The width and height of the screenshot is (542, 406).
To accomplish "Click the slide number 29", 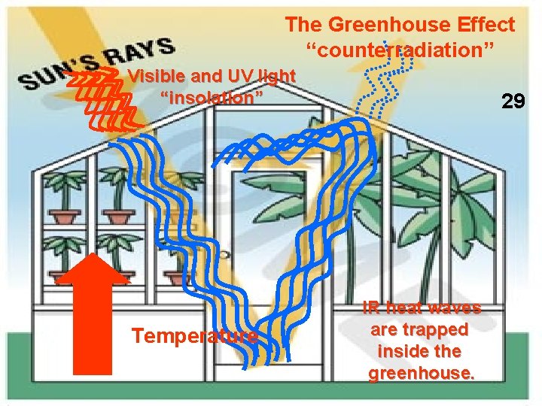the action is tap(513, 101).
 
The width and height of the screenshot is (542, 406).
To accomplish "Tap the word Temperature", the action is tap(195, 335).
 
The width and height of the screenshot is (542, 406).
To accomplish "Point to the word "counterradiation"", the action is tap(400, 53).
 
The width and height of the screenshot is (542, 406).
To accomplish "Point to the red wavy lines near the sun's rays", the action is tap(102, 98).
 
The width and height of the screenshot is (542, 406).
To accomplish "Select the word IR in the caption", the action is tap(371, 308).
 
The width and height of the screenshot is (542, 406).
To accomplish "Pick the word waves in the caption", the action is tap(453, 308).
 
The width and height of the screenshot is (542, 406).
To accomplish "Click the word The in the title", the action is tap(303, 25).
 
